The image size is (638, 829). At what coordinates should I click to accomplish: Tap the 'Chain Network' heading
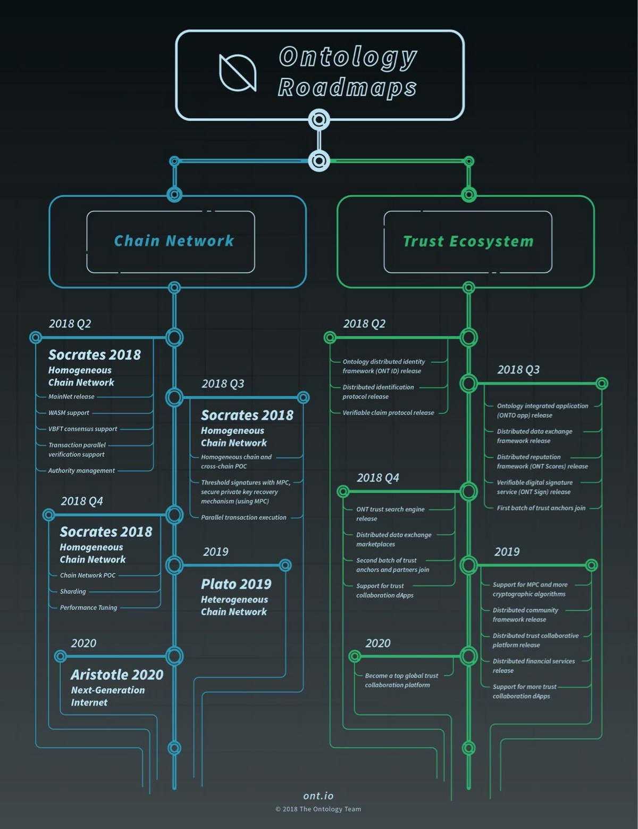(174, 241)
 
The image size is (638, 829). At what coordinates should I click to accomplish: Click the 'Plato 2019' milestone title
(236, 584)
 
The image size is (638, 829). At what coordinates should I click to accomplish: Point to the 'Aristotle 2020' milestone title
(117, 675)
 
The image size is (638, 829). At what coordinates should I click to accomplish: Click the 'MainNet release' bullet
(71, 397)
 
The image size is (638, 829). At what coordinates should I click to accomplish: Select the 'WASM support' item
(69, 413)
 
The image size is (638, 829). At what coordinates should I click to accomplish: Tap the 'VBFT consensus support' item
(83, 429)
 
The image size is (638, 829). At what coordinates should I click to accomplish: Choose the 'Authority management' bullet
(81, 471)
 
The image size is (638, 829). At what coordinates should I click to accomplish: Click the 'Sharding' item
(73, 592)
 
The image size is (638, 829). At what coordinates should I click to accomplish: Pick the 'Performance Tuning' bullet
(88, 608)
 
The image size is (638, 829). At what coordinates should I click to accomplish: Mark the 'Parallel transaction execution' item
(244, 518)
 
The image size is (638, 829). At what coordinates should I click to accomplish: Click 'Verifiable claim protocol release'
(388, 413)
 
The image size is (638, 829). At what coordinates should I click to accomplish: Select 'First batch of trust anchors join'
(541, 508)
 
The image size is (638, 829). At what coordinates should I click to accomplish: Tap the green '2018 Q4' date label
(377, 478)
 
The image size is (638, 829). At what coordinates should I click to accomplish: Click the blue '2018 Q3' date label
(223, 384)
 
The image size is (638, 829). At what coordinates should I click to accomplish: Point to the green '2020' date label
(377, 643)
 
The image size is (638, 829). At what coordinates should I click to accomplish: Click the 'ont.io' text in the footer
(318, 796)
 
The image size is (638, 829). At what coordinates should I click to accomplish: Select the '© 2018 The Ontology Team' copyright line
(318, 809)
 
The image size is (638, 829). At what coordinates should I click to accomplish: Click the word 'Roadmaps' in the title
(347, 87)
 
